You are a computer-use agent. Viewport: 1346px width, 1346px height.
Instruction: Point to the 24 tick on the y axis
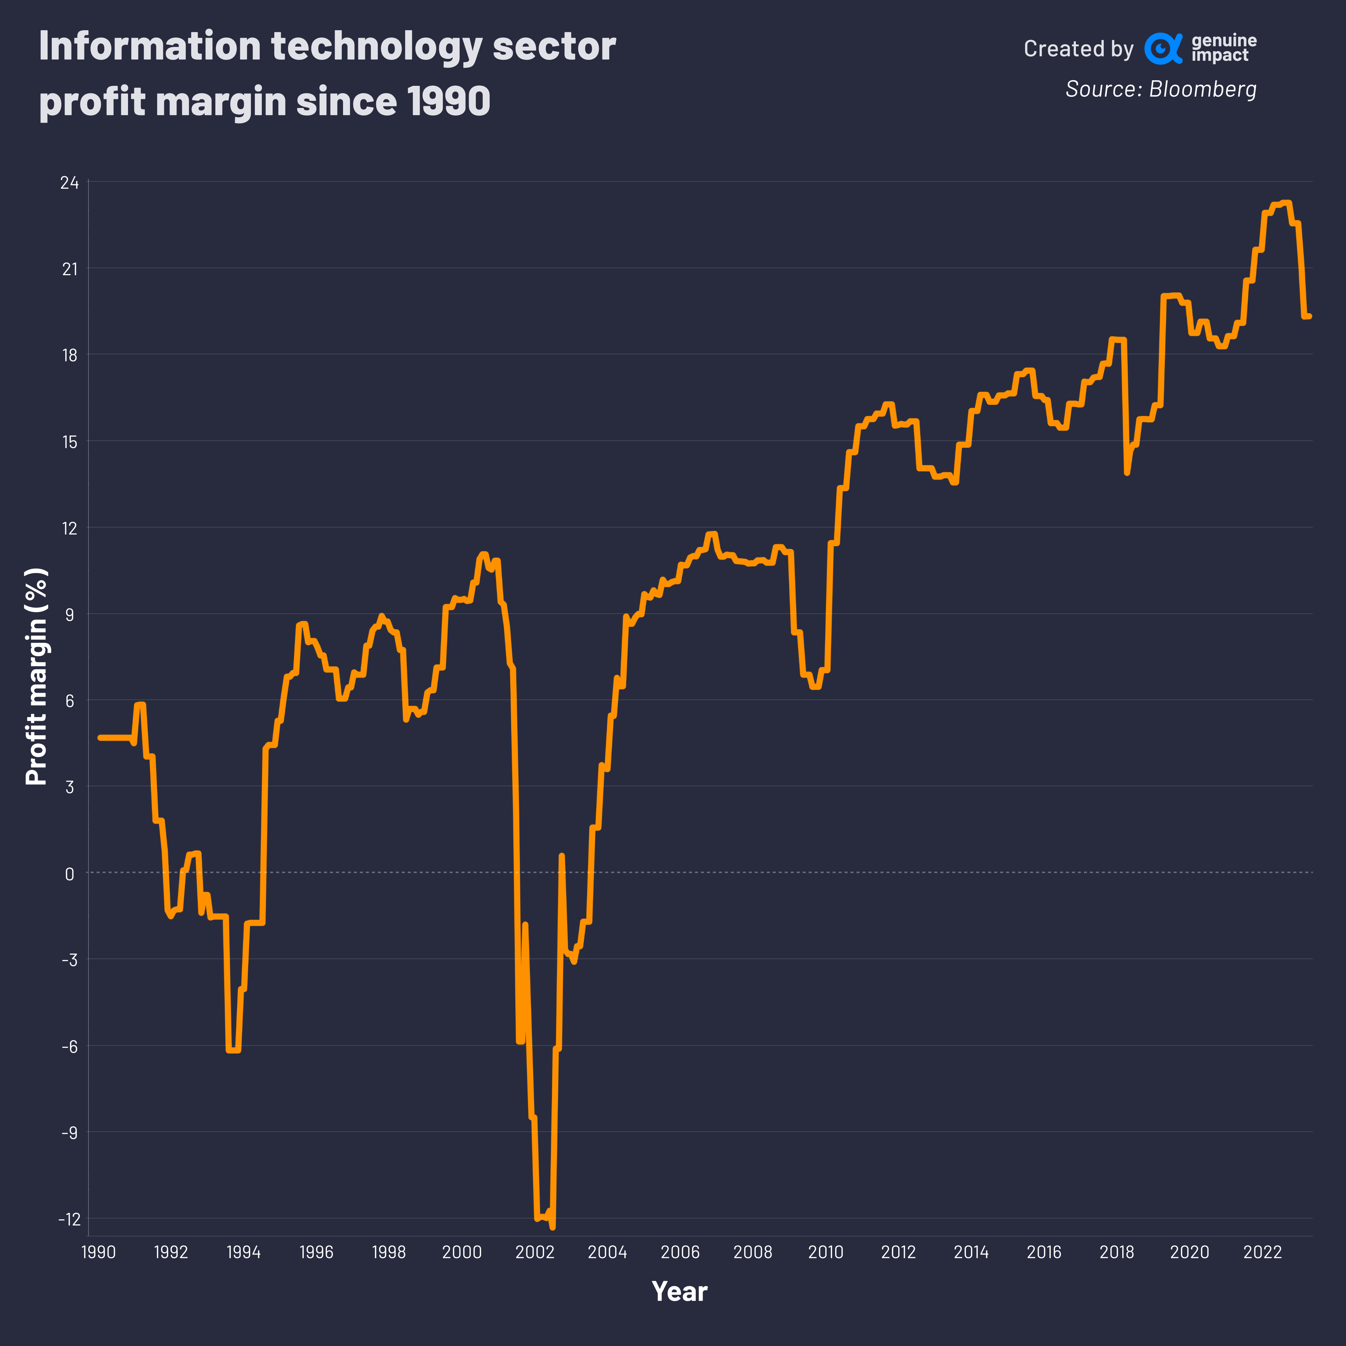point(70,182)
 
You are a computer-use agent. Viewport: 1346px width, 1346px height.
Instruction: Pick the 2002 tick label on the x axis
point(534,1252)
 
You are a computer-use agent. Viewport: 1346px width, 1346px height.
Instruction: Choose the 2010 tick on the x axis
point(826,1252)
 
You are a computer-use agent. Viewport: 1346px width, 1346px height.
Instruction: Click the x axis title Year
point(679,1291)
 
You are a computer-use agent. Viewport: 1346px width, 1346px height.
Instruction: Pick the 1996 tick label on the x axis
point(316,1252)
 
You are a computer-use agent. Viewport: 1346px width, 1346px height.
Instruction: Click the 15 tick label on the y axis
point(70,442)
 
